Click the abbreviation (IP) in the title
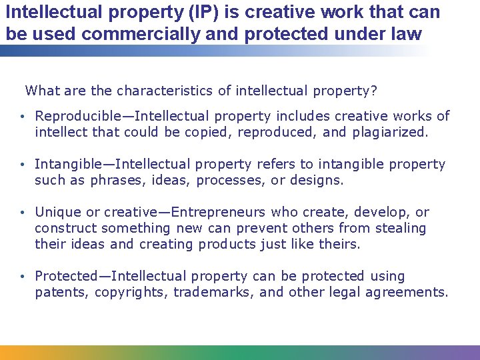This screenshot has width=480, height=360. (x=172, y=12)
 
